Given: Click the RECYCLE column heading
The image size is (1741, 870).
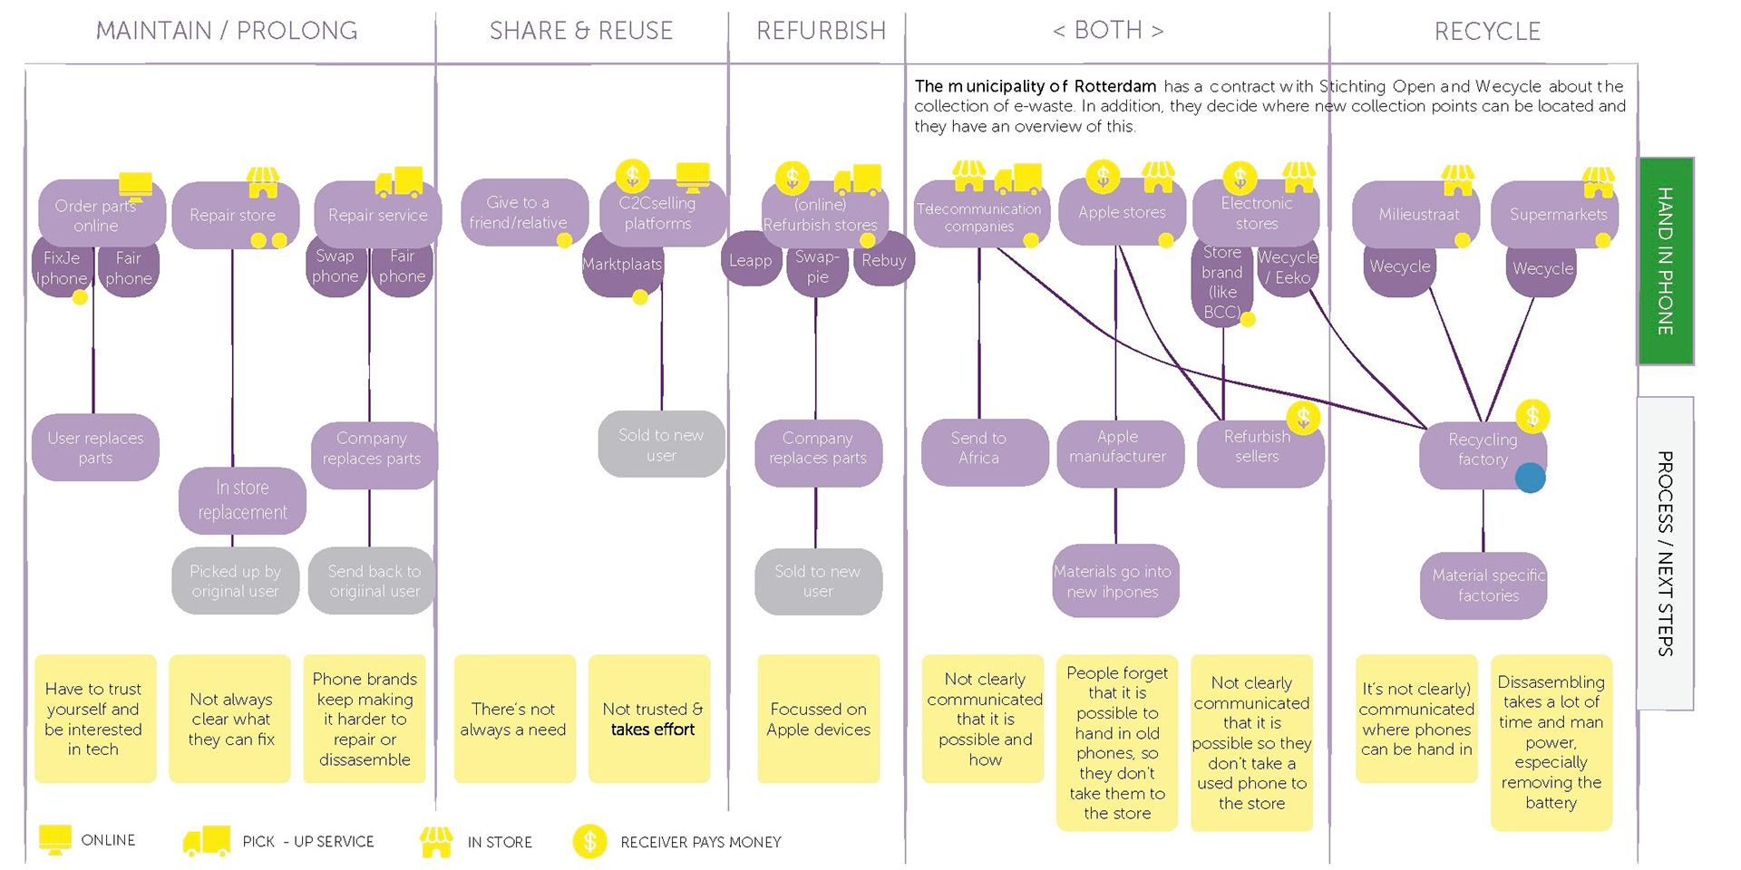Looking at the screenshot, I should tap(1487, 32).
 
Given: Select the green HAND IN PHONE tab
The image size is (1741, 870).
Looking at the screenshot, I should tap(1665, 261).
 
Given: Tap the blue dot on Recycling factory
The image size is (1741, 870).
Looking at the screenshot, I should tap(1530, 478).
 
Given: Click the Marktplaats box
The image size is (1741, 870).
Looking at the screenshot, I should tap(622, 266).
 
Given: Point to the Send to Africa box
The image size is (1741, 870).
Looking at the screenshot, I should tap(978, 449).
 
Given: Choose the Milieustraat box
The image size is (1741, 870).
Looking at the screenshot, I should tap(1418, 215).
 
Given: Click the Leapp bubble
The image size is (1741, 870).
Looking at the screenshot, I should tap(750, 261).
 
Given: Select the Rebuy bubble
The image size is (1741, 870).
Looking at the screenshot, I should tap(884, 261).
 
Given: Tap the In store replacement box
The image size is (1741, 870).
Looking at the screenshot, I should tap(242, 500).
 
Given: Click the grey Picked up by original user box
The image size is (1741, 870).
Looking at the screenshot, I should tap(235, 581).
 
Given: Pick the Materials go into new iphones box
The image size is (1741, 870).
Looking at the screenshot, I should tap(1113, 582).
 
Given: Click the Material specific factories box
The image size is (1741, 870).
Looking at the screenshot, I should tap(1487, 585).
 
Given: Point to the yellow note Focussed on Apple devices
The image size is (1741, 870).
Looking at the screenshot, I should tap(818, 720).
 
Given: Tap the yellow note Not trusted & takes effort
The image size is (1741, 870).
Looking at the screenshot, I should tap(650, 720).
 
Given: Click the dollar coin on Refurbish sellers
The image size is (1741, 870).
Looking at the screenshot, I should tap(1303, 418).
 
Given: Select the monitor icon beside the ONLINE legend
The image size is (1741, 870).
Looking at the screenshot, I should tap(55, 839).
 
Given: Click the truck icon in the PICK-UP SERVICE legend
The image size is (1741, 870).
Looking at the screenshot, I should tap(206, 841).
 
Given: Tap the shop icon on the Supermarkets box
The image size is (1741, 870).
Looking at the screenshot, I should tap(1598, 181).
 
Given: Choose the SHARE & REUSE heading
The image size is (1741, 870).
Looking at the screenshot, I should tap(580, 32).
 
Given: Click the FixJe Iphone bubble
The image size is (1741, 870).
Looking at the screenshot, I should tap(62, 268).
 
